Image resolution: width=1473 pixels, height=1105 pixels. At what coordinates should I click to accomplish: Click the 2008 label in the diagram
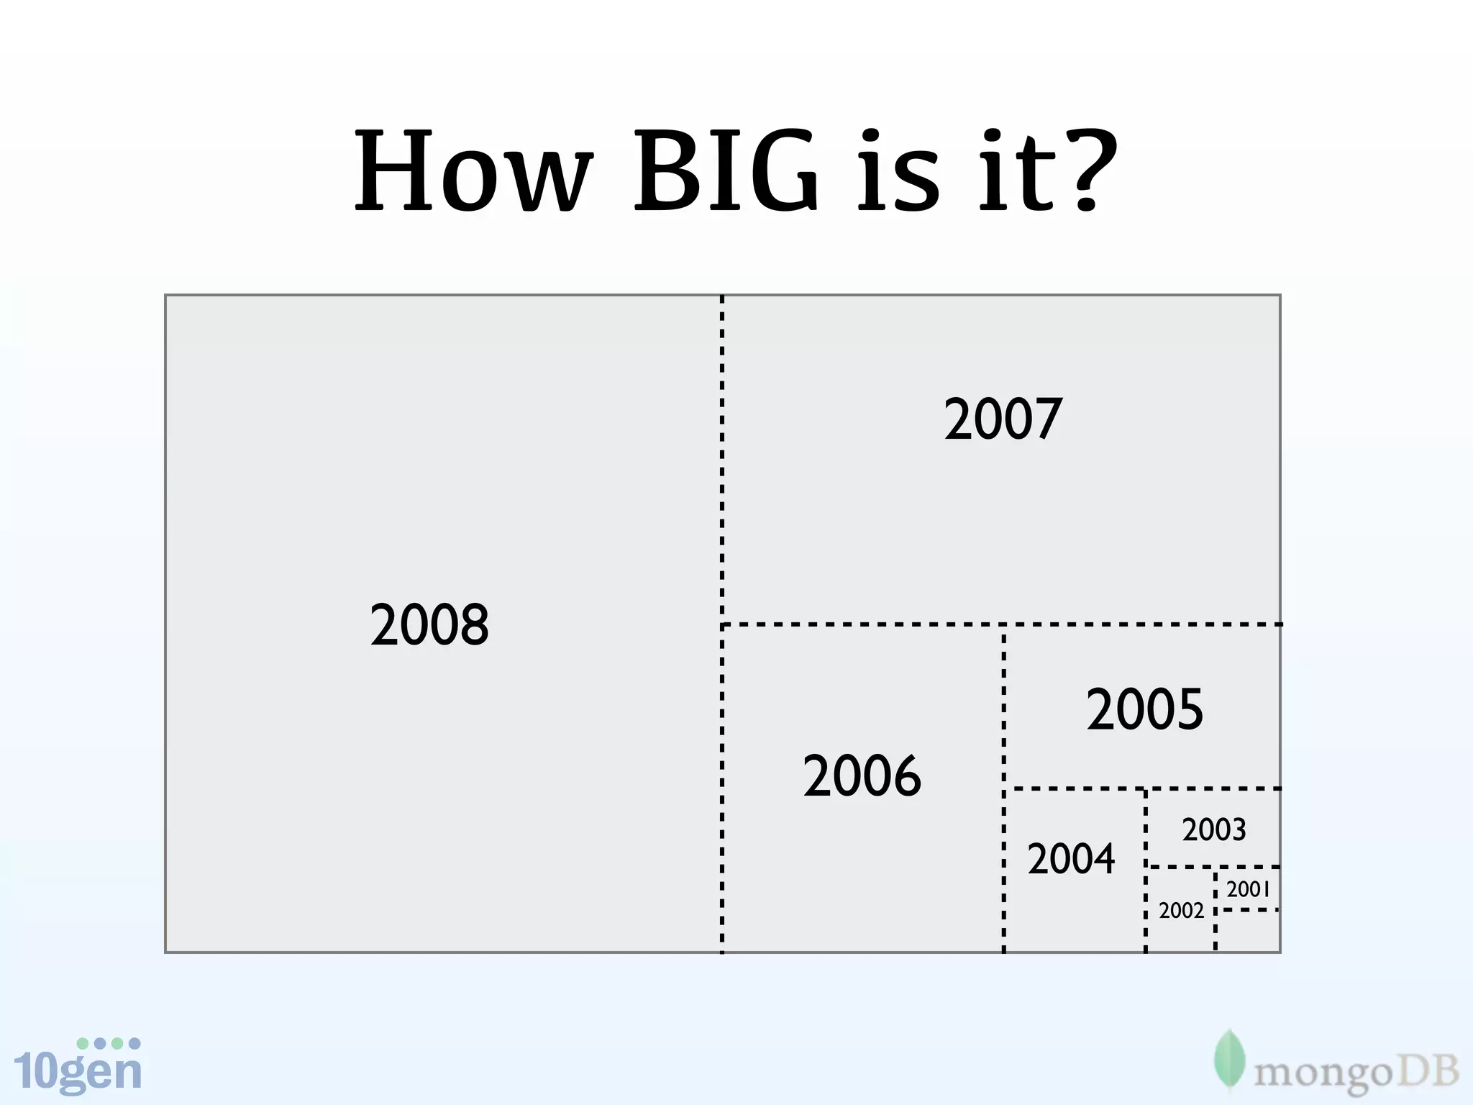(x=429, y=624)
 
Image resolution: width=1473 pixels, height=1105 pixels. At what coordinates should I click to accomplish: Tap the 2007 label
(x=1003, y=419)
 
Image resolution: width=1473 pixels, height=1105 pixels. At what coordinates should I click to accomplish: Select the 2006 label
(x=862, y=776)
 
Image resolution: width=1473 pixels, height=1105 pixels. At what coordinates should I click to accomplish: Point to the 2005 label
(x=1144, y=709)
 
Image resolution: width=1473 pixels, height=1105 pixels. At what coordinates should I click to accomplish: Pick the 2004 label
(x=1071, y=859)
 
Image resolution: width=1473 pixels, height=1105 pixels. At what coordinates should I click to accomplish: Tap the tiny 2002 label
(x=1181, y=911)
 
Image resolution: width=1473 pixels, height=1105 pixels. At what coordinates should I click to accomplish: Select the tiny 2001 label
(x=1248, y=890)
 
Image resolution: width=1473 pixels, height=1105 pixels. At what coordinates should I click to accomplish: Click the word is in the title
(x=899, y=173)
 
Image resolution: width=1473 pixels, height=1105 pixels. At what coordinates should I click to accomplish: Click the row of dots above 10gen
(x=108, y=1043)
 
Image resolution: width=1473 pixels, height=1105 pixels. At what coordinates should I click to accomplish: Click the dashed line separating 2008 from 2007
(x=722, y=460)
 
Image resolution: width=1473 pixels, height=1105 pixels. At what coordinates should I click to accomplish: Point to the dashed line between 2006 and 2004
(x=1004, y=870)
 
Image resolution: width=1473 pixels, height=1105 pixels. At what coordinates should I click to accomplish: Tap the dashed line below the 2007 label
(x=1000, y=624)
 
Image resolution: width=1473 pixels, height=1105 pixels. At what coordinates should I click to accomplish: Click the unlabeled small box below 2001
(x=1248, y=932)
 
